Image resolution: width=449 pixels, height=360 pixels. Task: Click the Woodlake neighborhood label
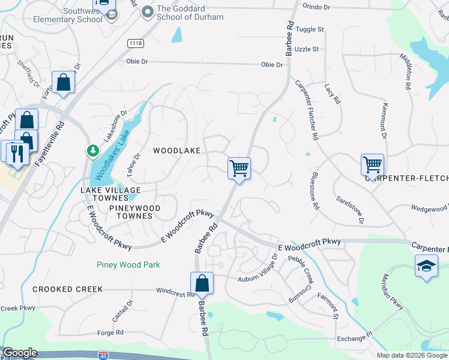click(176, 151)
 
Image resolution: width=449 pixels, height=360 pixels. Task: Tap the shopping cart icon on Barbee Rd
click(239, 167)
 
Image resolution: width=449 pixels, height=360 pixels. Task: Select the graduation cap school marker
click(426, 266)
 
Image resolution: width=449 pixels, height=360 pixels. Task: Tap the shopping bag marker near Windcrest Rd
click(202, 283)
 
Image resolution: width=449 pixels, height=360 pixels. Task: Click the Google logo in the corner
click(20, 353)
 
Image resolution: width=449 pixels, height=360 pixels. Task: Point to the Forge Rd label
click(110, 332)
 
